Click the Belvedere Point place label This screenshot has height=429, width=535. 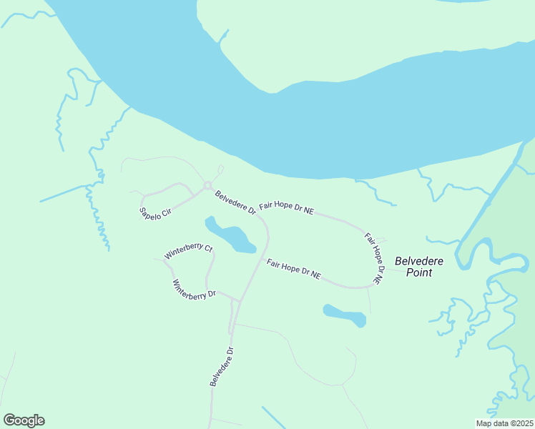[413, 267]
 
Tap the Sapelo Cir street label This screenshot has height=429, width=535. [156, 212]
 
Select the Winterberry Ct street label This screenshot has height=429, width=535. [189, 252]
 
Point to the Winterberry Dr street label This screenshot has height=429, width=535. [193, 289]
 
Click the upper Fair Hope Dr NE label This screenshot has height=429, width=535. [286, 208]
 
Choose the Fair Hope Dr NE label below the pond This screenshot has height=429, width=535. [293, 269]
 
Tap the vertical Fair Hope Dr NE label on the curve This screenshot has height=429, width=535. [374, 257]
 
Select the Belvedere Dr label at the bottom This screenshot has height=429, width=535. [222, 367]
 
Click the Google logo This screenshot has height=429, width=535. [24, 420]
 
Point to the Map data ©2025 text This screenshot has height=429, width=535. [505, 423]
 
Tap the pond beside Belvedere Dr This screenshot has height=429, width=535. [232, 235]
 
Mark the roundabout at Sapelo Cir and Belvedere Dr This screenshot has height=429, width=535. [207, 186]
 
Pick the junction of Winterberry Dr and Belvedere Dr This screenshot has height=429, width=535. [238, 300]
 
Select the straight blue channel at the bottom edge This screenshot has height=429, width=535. [274, 418]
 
